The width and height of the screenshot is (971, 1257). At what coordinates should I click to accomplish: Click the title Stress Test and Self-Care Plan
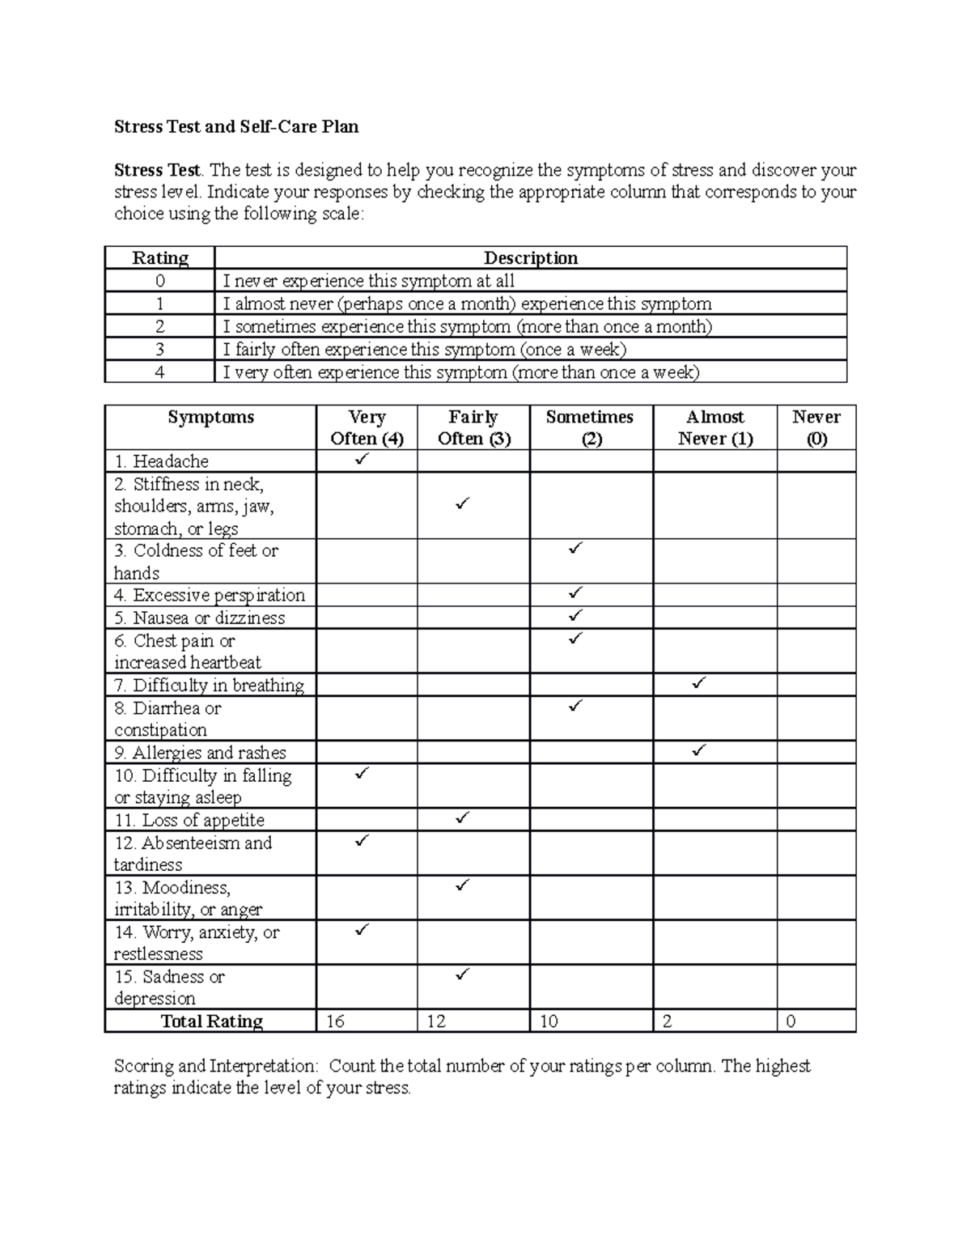click(235, 127)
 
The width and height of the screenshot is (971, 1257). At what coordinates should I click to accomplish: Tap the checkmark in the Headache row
click(361, 460)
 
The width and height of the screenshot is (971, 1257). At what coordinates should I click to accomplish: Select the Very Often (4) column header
click(367, 427)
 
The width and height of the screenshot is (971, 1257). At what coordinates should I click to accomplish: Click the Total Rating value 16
click(335, 1021)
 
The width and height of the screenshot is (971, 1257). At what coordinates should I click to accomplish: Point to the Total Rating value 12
click(436, 1021)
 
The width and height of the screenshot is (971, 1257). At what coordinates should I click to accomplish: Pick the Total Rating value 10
click(549, 1021)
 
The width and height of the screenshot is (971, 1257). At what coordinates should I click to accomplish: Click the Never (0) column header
click(816, 427)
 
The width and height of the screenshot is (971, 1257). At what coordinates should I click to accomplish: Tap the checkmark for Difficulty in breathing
click(699, 684)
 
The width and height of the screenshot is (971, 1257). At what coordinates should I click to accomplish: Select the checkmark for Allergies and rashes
click(699, 750)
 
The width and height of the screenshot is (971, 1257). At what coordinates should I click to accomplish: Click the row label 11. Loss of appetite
click(189, 820)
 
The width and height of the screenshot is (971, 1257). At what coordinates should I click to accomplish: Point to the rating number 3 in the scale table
click(159, 350)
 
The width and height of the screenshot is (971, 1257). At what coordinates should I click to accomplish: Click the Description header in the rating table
click(530, 258)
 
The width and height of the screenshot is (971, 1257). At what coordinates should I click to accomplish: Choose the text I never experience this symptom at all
click(368, 281)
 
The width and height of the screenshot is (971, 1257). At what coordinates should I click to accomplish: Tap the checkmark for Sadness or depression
click(462, 974)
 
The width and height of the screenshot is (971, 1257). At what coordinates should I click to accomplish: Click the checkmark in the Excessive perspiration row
click(575, 593)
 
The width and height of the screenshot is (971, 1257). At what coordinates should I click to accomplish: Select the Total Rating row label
click(211, 1021)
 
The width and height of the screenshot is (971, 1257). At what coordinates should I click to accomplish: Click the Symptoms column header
click(210, 417)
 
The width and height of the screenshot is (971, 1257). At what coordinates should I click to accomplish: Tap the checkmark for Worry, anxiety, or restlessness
click(361, 929)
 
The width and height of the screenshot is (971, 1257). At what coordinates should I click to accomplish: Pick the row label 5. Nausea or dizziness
click(199, 618)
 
